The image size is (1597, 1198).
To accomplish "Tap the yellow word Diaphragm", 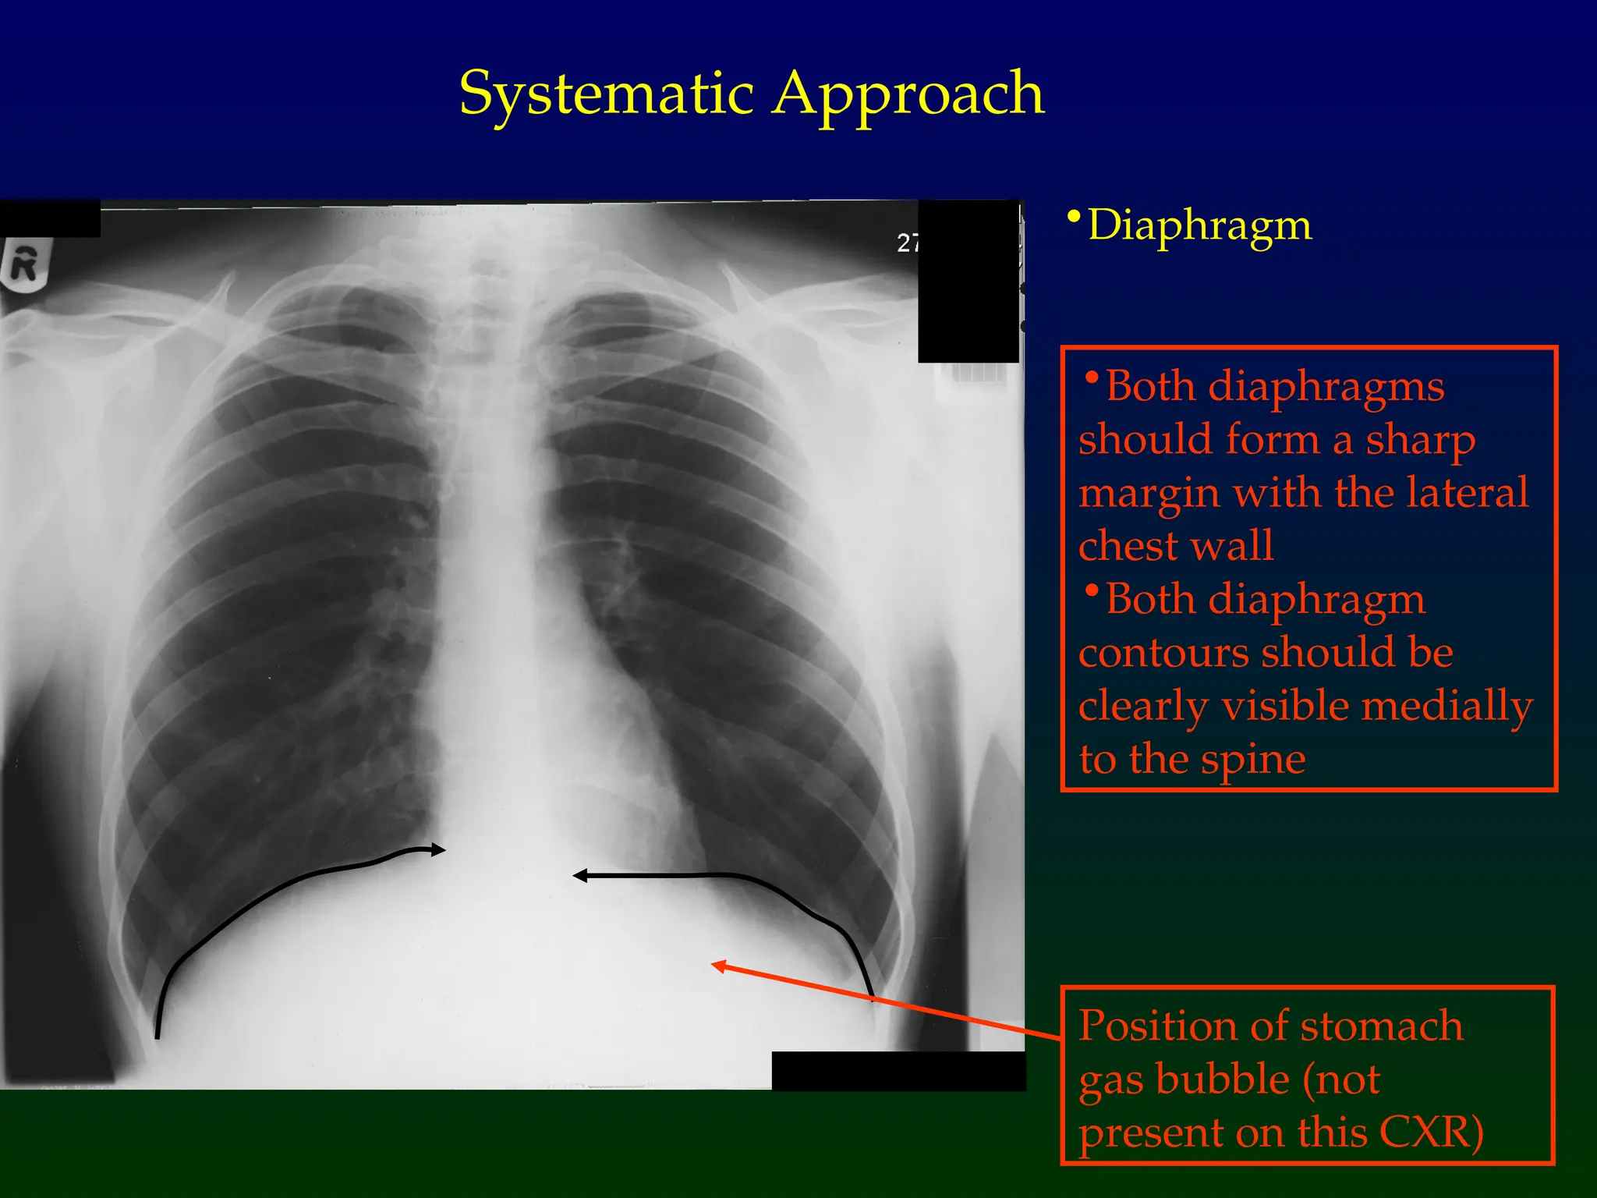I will (x=1199, y=225).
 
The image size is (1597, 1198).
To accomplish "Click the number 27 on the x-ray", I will (x=908, y=243).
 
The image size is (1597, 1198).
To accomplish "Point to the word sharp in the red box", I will (x=1420, y=441).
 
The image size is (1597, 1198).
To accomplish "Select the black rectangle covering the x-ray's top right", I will (x=968, y=281).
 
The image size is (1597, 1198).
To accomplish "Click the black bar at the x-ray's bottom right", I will (x=898, y=1070).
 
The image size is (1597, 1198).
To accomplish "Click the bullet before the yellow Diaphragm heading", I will (x=1075, y=216).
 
